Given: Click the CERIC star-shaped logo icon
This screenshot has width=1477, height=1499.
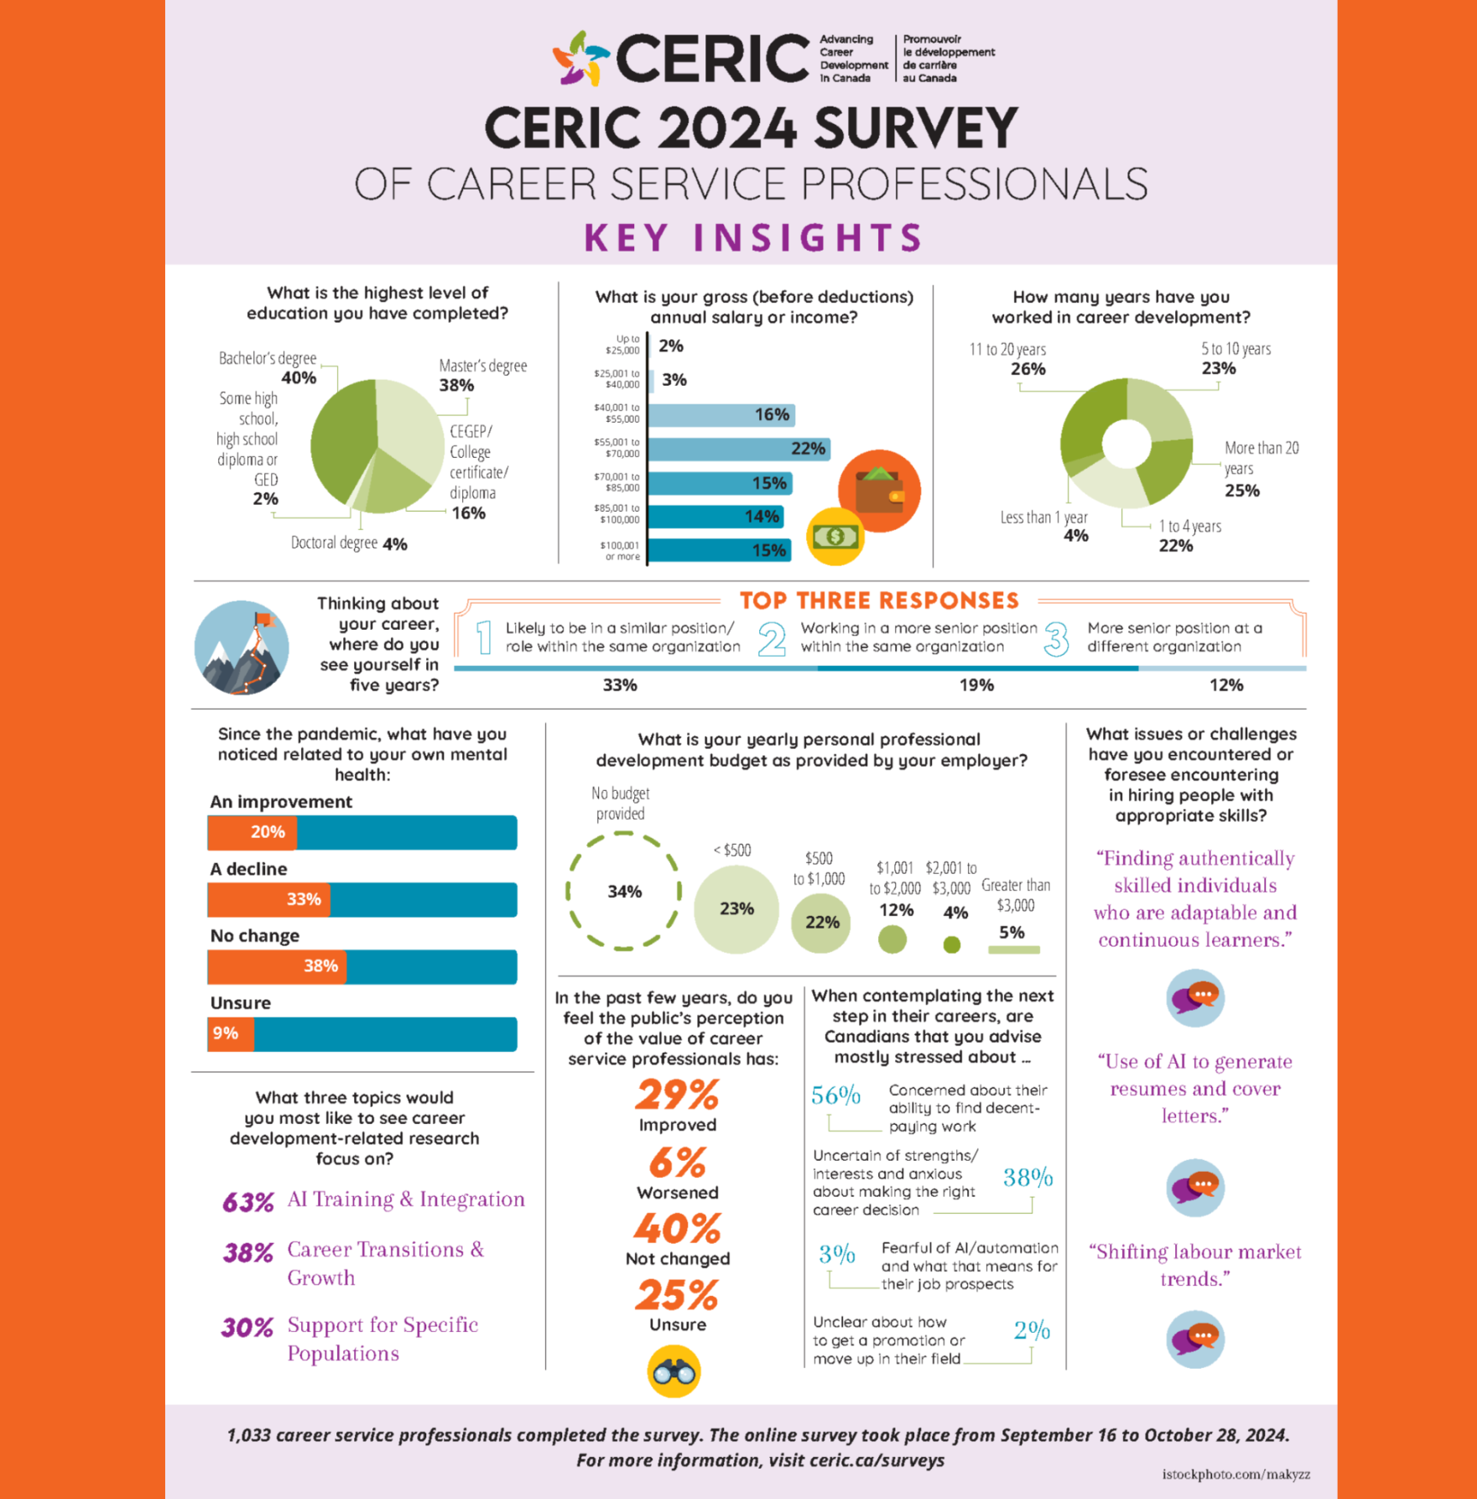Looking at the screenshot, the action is [x=580, y=59].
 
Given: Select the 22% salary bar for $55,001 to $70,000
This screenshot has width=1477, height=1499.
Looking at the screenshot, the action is [x=739, y=449].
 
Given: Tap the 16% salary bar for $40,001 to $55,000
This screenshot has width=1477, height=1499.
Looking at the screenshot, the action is [x=721, y=414].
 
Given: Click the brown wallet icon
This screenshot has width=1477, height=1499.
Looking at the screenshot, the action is [x=879, y=491].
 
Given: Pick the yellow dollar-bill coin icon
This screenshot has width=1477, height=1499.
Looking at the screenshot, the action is [x=835, y=536].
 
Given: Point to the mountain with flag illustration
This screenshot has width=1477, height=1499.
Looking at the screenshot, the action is [x=242, y=648].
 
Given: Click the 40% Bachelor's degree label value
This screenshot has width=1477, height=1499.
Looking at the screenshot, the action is [x=299, y=378].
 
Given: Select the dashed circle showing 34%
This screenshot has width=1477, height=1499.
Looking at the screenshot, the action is [x=623, y=891].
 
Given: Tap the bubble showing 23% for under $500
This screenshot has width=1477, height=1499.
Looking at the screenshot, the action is [x=736, y=909].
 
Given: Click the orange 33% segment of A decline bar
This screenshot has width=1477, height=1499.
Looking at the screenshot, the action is [x=269, y=900].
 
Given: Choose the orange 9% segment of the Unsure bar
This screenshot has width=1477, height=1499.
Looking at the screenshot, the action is [x=231, y=1033].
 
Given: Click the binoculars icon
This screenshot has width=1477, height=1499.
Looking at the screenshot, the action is [x=673, y=1371].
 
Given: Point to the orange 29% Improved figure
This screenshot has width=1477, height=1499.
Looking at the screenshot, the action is [x=677, y=1095].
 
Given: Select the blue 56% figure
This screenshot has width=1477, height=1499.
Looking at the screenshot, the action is [x=835, y=1095].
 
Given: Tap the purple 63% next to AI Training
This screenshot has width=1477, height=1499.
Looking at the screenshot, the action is [x=248, y=1202].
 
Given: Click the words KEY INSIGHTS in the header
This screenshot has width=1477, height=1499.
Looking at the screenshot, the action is [x=753, y=237].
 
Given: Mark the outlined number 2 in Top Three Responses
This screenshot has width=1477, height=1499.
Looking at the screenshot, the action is [x=772, y=639].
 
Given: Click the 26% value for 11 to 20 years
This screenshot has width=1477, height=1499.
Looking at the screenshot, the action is [x=1027, y=369].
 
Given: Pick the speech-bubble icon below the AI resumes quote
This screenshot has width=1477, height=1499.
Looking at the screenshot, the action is [x=1195, y=1188].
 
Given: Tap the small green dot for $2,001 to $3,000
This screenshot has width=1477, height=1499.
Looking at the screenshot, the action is [x=952, y=945].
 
